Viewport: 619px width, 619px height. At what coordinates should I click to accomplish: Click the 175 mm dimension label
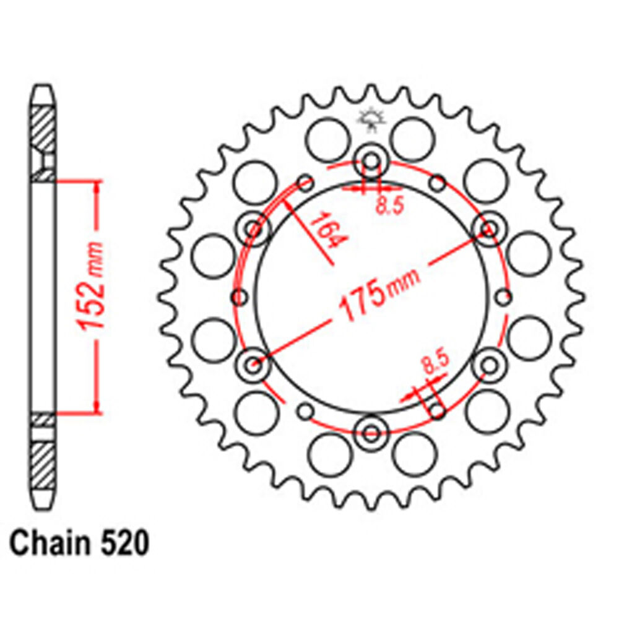[379, 293]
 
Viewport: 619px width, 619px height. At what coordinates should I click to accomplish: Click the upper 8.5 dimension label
[390, 206]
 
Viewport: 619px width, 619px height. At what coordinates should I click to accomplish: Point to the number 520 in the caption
[125, 543]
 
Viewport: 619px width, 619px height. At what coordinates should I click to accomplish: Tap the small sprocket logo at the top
[371, 119]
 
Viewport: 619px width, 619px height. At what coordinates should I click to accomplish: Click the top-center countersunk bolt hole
[371, 161]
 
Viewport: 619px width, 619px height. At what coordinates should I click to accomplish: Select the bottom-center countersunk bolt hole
[371, 432]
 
